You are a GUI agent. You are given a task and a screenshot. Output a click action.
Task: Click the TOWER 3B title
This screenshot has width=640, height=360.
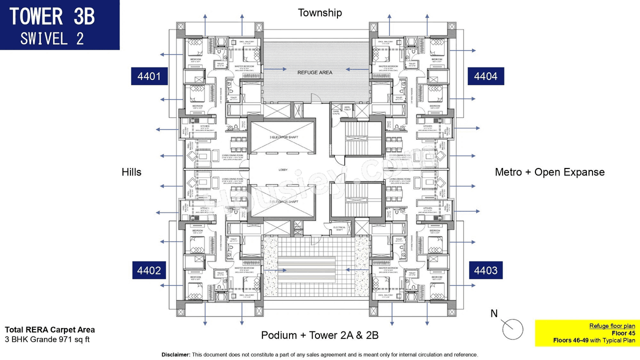pos(52,16)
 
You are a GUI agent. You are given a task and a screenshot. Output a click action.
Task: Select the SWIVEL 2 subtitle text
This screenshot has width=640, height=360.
pos(52,38)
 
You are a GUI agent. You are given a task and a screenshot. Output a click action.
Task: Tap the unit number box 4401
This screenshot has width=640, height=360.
pos(149,76)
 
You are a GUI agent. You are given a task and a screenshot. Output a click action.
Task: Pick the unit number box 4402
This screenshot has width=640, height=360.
pos(149,270)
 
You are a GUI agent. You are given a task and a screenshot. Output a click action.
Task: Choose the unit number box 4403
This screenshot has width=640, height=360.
pos(485,270)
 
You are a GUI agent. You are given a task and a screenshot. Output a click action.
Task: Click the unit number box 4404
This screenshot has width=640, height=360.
pos(485,76)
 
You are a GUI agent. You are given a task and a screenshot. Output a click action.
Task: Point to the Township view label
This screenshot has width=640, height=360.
pos(320,12)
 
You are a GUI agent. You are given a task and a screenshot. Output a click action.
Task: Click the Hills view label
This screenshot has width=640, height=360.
pos(131,172)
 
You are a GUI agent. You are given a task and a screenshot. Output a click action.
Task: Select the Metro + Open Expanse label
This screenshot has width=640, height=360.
pos(549,172)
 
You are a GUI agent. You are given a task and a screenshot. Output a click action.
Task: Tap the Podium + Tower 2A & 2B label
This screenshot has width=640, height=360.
pos(319,335)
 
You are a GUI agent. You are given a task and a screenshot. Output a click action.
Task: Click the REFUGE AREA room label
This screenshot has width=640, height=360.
pos(315,72)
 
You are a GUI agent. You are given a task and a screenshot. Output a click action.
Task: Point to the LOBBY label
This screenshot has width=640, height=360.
pos(283,170)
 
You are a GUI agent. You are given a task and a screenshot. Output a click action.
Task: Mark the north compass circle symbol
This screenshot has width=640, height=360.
pos(512,329)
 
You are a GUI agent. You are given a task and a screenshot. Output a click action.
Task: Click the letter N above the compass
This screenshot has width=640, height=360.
pos(494,313)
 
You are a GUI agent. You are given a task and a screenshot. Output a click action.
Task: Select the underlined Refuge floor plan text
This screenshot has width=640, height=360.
pos(612,325)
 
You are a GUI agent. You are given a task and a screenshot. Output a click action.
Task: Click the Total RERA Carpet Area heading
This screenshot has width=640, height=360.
pos(49,329)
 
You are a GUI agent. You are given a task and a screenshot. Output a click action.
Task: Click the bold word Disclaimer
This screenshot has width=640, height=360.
pos(175,354)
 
